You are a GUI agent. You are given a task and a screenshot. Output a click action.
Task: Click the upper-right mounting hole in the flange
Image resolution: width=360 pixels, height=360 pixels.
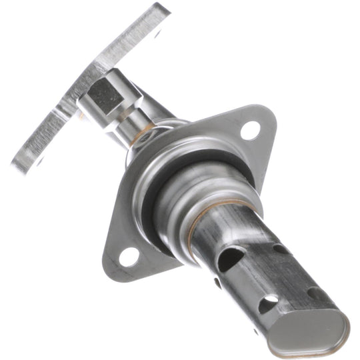[x=250, y=129]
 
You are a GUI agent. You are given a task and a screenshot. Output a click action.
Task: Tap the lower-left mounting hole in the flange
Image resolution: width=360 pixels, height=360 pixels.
[x=129, y=255]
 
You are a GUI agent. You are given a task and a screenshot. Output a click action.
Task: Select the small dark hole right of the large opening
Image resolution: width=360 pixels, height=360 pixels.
[x=280, y=249]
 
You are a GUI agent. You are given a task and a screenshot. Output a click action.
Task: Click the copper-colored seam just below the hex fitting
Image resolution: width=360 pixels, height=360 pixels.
[x=141, y=136]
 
